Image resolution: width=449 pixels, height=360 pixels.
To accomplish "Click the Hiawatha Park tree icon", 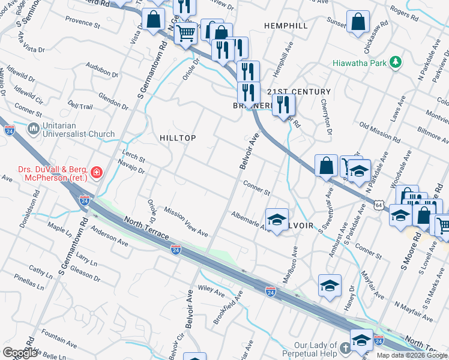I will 395,62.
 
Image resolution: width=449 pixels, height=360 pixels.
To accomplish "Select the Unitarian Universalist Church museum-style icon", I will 34,129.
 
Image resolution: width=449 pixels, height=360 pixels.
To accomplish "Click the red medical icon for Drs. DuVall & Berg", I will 96,175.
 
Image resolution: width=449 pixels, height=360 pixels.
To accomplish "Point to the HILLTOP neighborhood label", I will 178,138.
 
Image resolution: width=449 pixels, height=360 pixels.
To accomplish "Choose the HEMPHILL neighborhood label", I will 286,26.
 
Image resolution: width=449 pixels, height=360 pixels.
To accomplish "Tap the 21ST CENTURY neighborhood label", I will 299,91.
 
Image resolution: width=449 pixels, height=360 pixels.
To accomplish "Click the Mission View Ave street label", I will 186,223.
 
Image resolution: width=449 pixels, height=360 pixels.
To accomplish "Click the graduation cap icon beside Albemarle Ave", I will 277,219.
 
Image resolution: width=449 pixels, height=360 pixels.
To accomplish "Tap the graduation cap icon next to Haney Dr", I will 330,285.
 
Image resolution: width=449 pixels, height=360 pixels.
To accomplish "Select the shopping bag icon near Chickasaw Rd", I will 358,21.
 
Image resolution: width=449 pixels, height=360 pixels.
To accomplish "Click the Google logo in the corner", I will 20,353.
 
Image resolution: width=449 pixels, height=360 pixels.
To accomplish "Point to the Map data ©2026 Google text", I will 411,355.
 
